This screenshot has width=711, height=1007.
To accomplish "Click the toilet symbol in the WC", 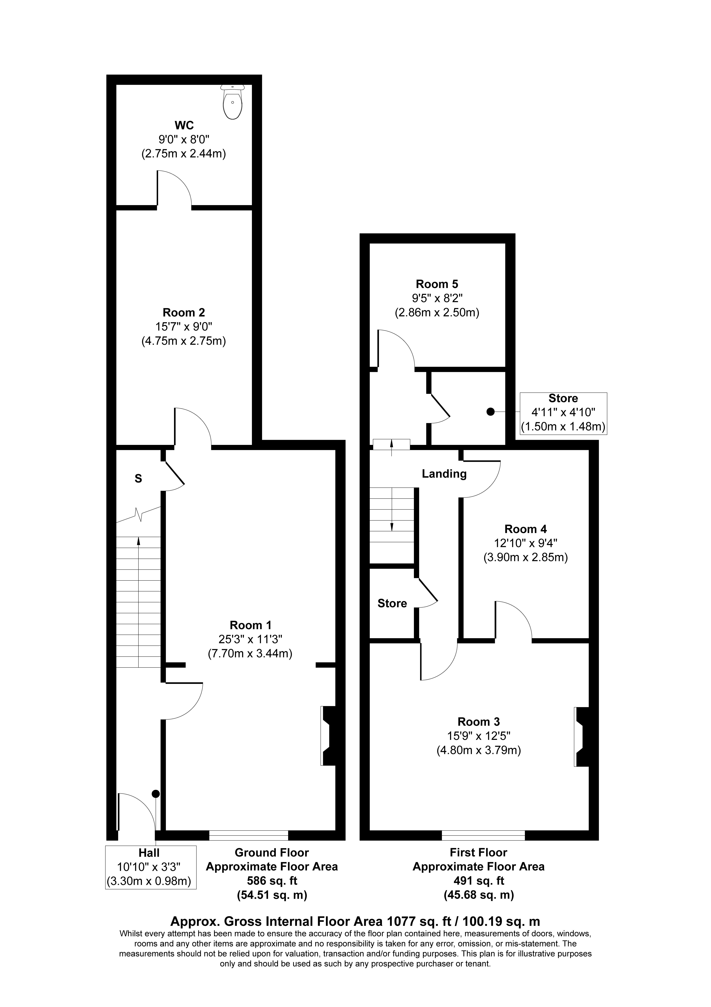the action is point(233,102).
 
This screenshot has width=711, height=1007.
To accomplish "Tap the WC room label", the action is point(184,125).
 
